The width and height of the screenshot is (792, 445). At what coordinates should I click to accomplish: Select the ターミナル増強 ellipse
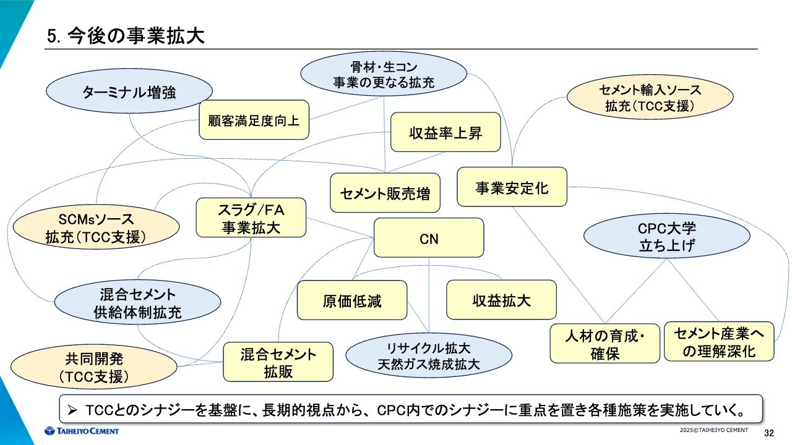click(x=129, y=92)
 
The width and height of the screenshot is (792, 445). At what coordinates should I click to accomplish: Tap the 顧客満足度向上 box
click(x=254, y=120)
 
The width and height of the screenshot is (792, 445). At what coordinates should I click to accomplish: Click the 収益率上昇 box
click(x=445, y=132)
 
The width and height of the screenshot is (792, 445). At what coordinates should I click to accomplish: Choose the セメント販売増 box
click(x=385, y=193)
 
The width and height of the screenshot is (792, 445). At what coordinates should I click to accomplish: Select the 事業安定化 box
click(x=512, y=187)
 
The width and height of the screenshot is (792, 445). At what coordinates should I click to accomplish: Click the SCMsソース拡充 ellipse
click(x=96, y=227)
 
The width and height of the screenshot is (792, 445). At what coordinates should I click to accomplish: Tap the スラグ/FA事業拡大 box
click(x=251, y=218)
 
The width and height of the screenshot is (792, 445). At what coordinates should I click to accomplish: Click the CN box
click(x=429, y=237)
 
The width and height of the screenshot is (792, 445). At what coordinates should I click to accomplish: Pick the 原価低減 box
click(x=352, y=300)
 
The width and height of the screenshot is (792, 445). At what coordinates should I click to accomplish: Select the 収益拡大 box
click(x=501, y=300)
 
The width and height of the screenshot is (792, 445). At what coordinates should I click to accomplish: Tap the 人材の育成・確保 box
click(x=605, y=344)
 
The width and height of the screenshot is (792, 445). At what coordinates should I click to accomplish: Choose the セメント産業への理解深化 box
click(x=719, y=342)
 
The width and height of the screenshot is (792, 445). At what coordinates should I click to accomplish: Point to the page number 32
click(x=769, y=432)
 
